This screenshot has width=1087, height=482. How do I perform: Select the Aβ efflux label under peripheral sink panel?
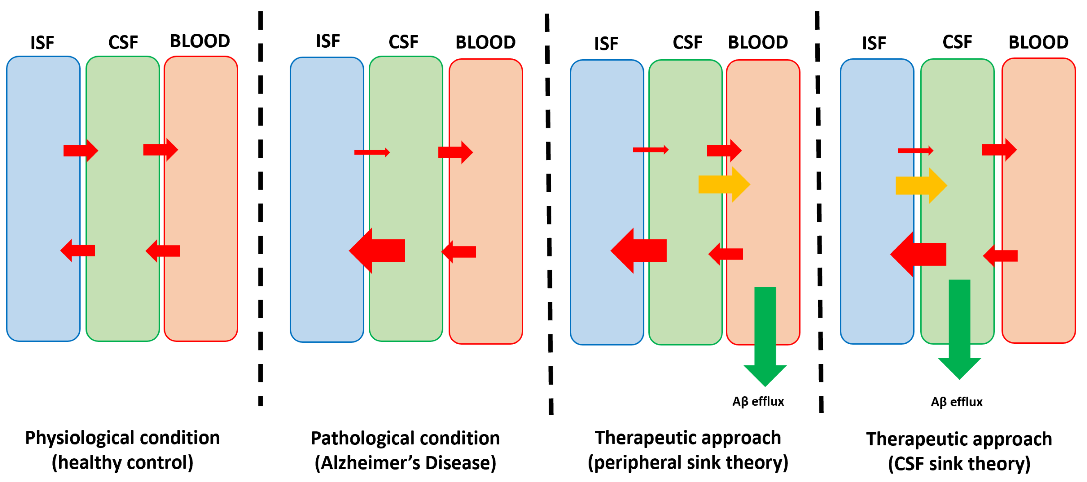pos(758,402)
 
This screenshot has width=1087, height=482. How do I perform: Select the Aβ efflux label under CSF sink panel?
pos(957,402)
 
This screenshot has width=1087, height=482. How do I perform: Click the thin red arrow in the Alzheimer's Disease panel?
pos(372,152)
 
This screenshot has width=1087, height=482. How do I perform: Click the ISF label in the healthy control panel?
pos(42,43)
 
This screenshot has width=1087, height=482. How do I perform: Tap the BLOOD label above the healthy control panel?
pos(199,41)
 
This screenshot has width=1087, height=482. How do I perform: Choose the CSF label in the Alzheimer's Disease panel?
pos(403,42)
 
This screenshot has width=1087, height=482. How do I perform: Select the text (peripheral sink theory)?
pos(688,463)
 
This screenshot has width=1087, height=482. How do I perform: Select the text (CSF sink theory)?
pos(959,464)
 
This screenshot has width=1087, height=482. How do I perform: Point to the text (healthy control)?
pos(122,463)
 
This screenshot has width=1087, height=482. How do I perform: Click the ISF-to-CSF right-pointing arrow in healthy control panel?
pos(81,150)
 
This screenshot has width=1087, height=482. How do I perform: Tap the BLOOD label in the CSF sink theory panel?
pos(1038,42)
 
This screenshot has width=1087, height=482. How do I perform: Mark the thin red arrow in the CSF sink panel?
pos(915,150)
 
